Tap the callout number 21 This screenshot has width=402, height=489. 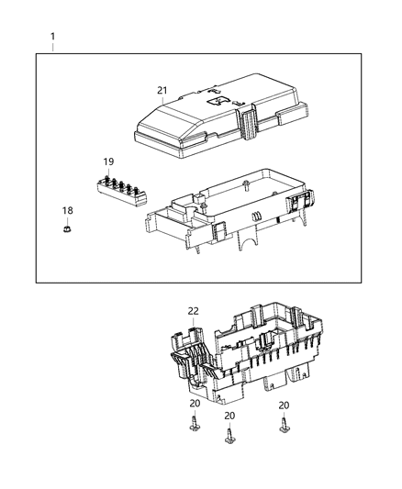[162, 90]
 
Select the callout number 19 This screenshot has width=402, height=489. [108, 161]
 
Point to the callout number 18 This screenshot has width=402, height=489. [67, 210]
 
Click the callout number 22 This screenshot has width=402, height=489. [193, 311]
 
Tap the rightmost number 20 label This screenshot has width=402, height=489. [284, 405]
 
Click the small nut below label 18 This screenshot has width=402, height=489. [68, 229]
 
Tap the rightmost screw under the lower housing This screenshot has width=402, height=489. [285, 425]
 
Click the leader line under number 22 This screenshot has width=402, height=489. [193, 323]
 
